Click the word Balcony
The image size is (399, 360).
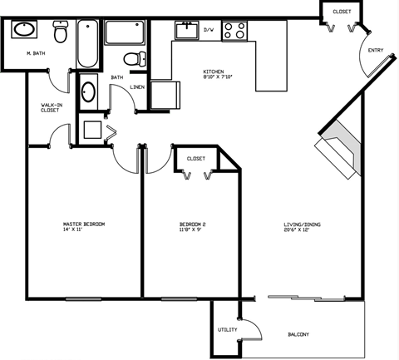tap(298, 335)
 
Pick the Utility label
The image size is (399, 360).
tap(228, 330)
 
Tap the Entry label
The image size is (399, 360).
tap(376, 50)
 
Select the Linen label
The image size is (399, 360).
tap(138, 86)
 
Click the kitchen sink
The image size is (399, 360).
tap(185, 31)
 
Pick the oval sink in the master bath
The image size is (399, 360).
tap(25, 29)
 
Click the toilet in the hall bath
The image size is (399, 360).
tap(131, 58)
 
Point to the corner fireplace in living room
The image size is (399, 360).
tap(337, 150)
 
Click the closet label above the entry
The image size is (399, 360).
tap(342, 12)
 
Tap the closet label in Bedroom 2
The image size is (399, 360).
tap(196, 158)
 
